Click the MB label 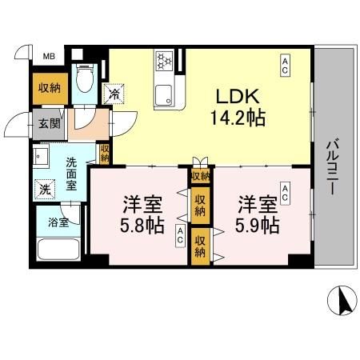point(49,55)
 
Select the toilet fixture point(83,81)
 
